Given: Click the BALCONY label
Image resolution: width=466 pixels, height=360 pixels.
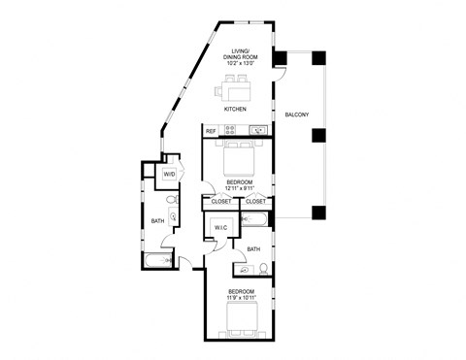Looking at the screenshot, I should click(x=296, y=116).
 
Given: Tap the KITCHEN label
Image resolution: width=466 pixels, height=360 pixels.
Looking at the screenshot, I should click(x=236, y=110).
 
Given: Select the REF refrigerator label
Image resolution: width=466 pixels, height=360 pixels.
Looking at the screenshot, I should click(x=210, y=131).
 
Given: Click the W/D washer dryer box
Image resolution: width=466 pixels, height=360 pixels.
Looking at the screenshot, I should click(x=169, y=175).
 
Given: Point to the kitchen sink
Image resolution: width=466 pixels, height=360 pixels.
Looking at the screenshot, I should click(x=257, y=131).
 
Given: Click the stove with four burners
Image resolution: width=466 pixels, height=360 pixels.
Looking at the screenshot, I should click(x=231, y=131).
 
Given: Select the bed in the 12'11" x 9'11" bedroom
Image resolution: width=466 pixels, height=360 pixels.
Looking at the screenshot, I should click(x=238, y=157).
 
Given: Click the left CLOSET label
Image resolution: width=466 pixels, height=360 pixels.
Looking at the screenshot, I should click(x=221, y=202).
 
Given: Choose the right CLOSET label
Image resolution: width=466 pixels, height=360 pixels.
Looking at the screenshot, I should click(x=256, y=202).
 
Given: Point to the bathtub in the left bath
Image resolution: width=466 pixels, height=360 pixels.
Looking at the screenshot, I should click(x=156, y=260).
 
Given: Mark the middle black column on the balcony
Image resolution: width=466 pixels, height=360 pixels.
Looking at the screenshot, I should click(x=316, y=135).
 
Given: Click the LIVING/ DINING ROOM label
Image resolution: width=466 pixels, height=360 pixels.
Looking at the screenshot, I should click(x=239, y=52).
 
